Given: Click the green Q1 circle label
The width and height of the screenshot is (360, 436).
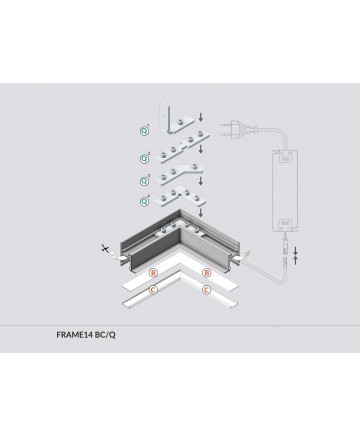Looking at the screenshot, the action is (x=144, y=131).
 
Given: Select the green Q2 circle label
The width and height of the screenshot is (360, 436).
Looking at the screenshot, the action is (x=144, y=159).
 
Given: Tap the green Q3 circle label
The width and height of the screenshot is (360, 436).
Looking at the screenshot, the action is (x=144, y=181).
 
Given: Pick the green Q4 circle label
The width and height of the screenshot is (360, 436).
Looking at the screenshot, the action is (x=144, y=201).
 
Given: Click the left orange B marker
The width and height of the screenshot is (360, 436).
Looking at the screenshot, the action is (x=153, y=273).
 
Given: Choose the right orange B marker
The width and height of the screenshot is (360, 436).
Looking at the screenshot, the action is (x=207, y=273).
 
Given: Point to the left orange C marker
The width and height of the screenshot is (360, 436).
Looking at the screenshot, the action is (x=153, y=290).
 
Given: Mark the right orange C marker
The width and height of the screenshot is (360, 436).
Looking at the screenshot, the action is (x=207, y=290).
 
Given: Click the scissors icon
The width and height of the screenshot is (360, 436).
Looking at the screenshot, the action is (x=106, y=248).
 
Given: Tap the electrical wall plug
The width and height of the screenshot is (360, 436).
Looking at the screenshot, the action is (x=236, y=129).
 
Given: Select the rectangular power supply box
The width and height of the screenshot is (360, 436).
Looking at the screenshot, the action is (x=285, y=190).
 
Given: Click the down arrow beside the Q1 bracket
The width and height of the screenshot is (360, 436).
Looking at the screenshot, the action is (x=200, y=117).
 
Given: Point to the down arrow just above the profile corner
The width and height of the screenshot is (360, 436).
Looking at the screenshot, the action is (x=200, y=212).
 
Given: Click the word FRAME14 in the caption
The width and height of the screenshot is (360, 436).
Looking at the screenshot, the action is (x=75, y=335).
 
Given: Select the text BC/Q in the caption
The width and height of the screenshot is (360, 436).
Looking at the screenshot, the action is (x=105, y=335).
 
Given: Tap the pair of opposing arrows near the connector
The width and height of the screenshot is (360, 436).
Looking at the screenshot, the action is (x=295, y=256).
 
